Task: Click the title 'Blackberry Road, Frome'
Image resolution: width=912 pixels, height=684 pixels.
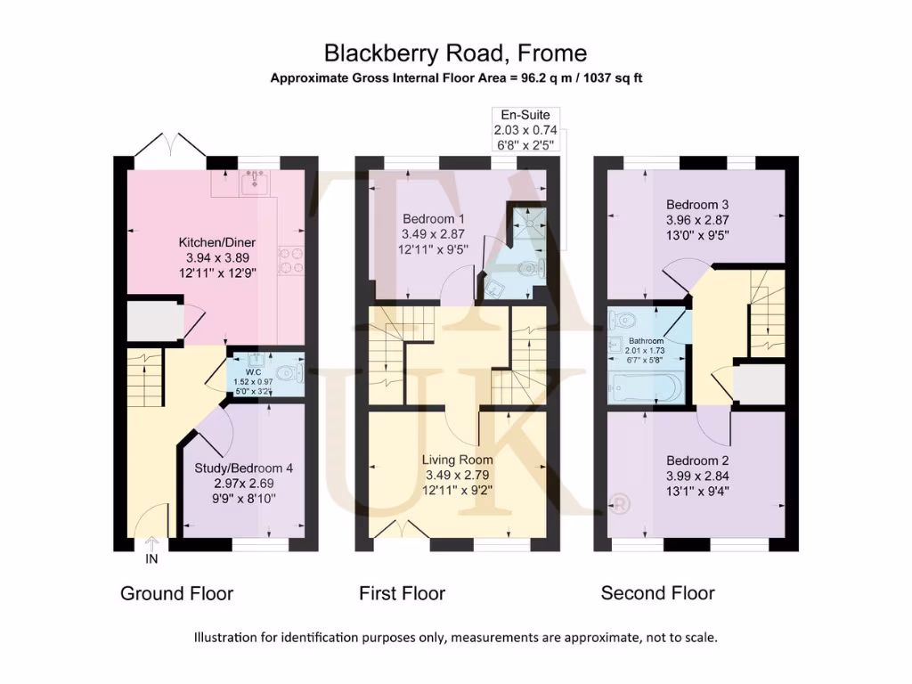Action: coord(455,53)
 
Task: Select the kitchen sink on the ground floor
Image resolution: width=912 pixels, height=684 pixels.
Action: coord(255,183)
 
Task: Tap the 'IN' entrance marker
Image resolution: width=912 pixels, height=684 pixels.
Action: coord(151,559)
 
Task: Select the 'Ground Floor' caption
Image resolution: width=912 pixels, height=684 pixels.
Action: coord(176,593)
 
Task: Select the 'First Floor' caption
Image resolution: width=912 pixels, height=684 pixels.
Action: coord(402,593)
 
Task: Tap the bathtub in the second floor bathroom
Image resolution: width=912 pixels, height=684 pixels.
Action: coord(647,387)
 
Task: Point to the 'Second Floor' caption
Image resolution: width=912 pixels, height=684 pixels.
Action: coord(657,593)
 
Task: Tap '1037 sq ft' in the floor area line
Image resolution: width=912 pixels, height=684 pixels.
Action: coord(610,78)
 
